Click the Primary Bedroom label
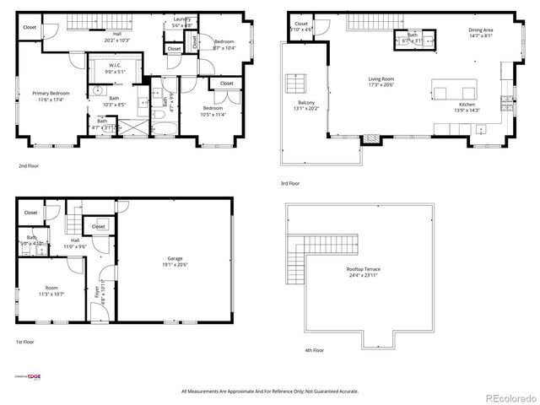pyautogui.click(x=51, y=93)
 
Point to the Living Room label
pyautogui.click(x=381, y=80)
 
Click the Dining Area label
pyautogui.click(x=482, y=30)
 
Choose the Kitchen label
pyautogui.click(x=467, y=105)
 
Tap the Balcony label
pyautogui.click(x=303, y=104)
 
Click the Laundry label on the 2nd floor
pyautogui.click(x=181, y=19)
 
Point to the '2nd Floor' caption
pyautogui.click(x=29, y=166)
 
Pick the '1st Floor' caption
pyautogui.click(x=24, y=342)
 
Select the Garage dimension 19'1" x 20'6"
pyautogui.click(x=175, y=265)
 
